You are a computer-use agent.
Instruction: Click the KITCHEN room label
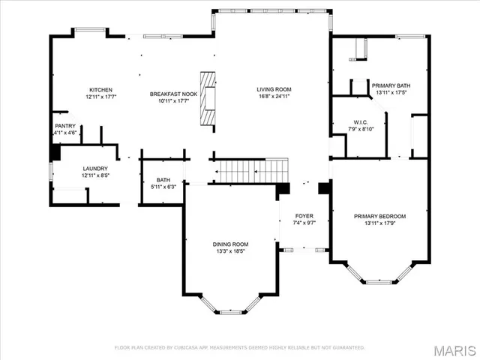coord(100,89)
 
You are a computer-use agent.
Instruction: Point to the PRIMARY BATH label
coord(391,86)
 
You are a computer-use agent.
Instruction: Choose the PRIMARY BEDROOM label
coord(379,216)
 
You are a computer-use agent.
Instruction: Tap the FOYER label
coord(303,216)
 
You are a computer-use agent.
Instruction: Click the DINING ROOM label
coord(231,244)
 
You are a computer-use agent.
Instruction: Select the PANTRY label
coord(65,126)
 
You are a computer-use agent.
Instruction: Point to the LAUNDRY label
coord(95,169)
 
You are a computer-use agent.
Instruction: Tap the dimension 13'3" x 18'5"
coord(231,251)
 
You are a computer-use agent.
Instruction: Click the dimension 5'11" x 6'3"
coord(163,187)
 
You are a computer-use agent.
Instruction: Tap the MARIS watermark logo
coord(454,350)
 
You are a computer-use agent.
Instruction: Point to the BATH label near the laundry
coord(163,180)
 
